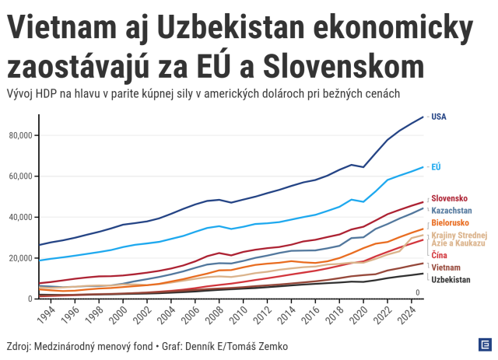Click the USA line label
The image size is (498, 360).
pos(438,117)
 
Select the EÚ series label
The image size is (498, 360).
pos(437,166)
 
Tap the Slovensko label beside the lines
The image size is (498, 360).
pos(450,197)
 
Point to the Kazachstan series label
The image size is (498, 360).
pos(452,210)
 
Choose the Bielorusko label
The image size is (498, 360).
pos(450,223)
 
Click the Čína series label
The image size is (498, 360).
pos(439,255)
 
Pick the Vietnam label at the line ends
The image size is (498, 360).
pos(445,267)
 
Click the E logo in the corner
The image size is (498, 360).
pos(484,344)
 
